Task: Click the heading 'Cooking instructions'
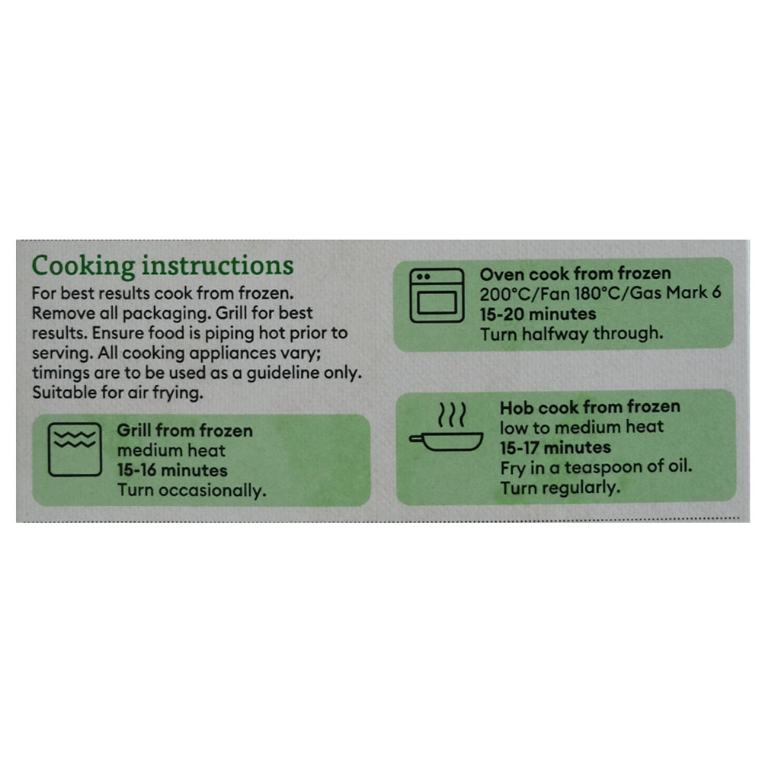tap(162, 266)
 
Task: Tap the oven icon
tap(437, 296)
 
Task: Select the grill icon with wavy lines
tap(75, 450)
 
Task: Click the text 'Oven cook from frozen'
tap(575, 274)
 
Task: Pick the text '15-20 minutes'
tap(538, 314)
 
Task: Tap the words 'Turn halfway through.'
tap(571, 334)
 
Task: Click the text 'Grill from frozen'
tap(184, 431)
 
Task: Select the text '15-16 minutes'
tap(172, 470)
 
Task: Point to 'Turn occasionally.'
tap(191, 490)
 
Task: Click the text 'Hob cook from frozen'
tap(590, 407)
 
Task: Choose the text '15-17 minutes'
tap(555, 447)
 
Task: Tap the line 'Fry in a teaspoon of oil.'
tap(597, 468)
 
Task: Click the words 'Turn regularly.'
tap(560, 488)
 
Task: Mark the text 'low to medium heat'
tap(581, 427)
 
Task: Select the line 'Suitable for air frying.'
tap(117, 392)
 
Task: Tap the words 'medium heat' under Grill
tap(171, 450)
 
